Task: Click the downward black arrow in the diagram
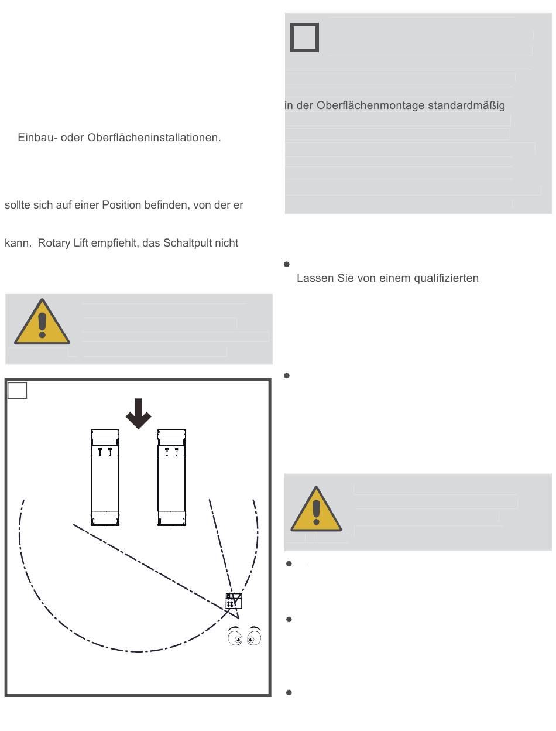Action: (139, 413)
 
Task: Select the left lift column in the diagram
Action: (105, 477)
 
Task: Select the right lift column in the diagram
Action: (171, 477)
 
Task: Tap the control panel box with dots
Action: (234, 601)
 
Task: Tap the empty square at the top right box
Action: (304, 37)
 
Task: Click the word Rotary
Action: (54, 243)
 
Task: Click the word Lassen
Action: (313, 278)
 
